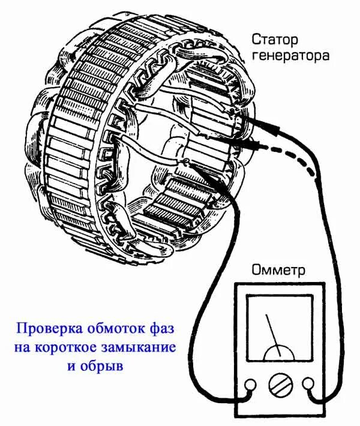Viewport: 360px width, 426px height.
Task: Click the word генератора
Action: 290,56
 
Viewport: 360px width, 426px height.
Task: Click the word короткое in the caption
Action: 78,347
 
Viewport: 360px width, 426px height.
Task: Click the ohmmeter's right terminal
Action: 308,383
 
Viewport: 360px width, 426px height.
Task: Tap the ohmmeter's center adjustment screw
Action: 278,384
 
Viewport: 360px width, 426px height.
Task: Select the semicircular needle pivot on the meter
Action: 278,353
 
